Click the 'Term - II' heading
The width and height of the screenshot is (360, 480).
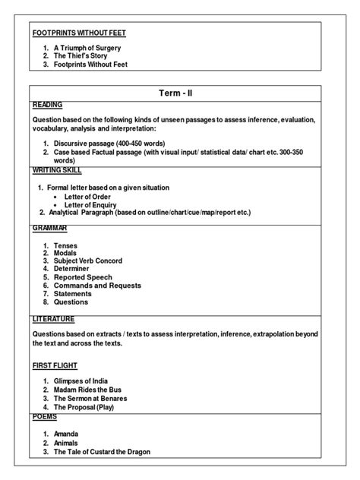(180, 92)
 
